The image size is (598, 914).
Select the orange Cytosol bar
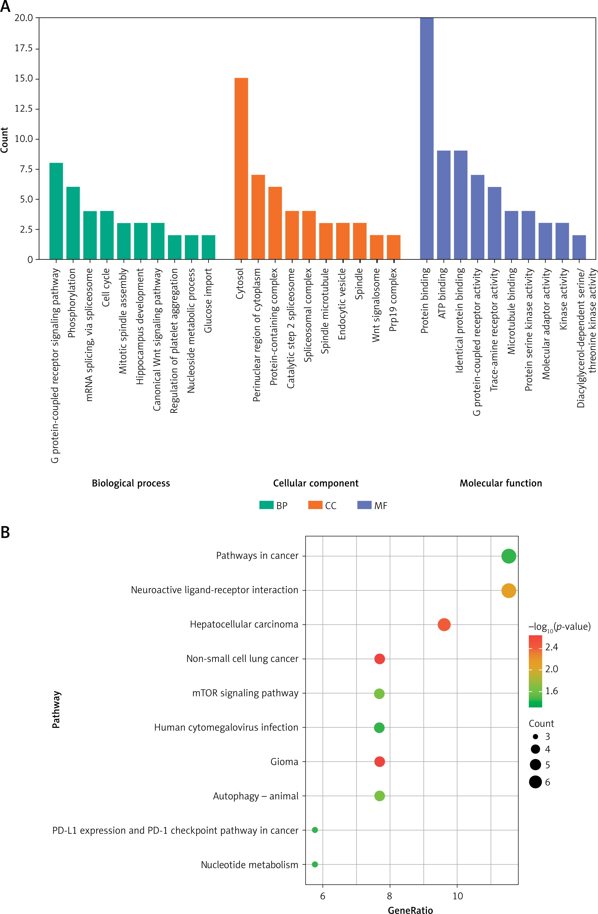[x=241, y=169]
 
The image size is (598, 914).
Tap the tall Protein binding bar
[x=427, y=138]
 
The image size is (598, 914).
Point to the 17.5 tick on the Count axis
[x=24, y=48]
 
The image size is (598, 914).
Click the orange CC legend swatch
[x=315, y=505]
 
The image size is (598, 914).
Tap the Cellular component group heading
[x=316, y=483]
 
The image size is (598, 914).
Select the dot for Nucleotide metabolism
[x=315, y=864]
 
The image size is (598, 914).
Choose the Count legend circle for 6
[x=535, y=782]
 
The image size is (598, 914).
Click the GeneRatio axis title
[x=410, y=909]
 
